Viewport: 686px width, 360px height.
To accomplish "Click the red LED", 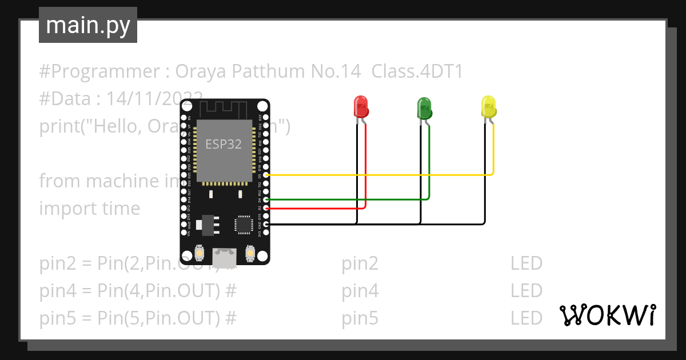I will [361, 107].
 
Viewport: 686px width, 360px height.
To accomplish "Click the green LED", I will [424, 108].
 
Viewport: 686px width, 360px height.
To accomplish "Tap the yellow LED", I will [488, 107].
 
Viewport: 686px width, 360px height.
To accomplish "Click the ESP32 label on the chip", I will [224, 144].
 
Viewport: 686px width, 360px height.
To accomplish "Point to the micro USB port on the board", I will [224, 255].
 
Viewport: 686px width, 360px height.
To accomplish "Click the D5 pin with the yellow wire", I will [266, 175].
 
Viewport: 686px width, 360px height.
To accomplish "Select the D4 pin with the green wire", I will [266, 200].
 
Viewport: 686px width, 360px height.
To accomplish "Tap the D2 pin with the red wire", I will [266, 209].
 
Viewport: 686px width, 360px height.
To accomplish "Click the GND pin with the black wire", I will [266, 225].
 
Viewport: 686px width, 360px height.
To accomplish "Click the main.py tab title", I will [88, 25].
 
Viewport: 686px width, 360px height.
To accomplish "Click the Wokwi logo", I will [607, 315].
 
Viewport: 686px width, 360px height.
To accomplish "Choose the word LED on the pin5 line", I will [526, 318].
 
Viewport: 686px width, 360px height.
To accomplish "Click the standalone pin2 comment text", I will [360, 263].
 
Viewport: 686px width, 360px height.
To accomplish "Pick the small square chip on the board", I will [244, 224].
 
